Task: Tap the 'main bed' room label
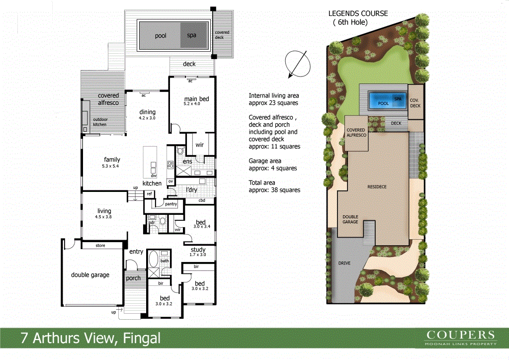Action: (x=196, y=98)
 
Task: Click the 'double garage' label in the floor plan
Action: (x=90, y=274)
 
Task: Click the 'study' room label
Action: (x=198, y=250)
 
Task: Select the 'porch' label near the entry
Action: (x=133, y=278)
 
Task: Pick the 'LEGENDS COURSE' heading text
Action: (x=358, y=13)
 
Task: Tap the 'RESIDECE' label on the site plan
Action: (x=377, y=186)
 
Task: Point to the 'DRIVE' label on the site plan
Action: (x=344, y=263)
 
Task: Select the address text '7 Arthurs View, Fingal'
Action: (x=90, y=339)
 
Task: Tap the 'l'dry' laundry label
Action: (x=191, y=190)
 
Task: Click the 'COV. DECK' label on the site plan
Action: (x=416, y=102)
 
